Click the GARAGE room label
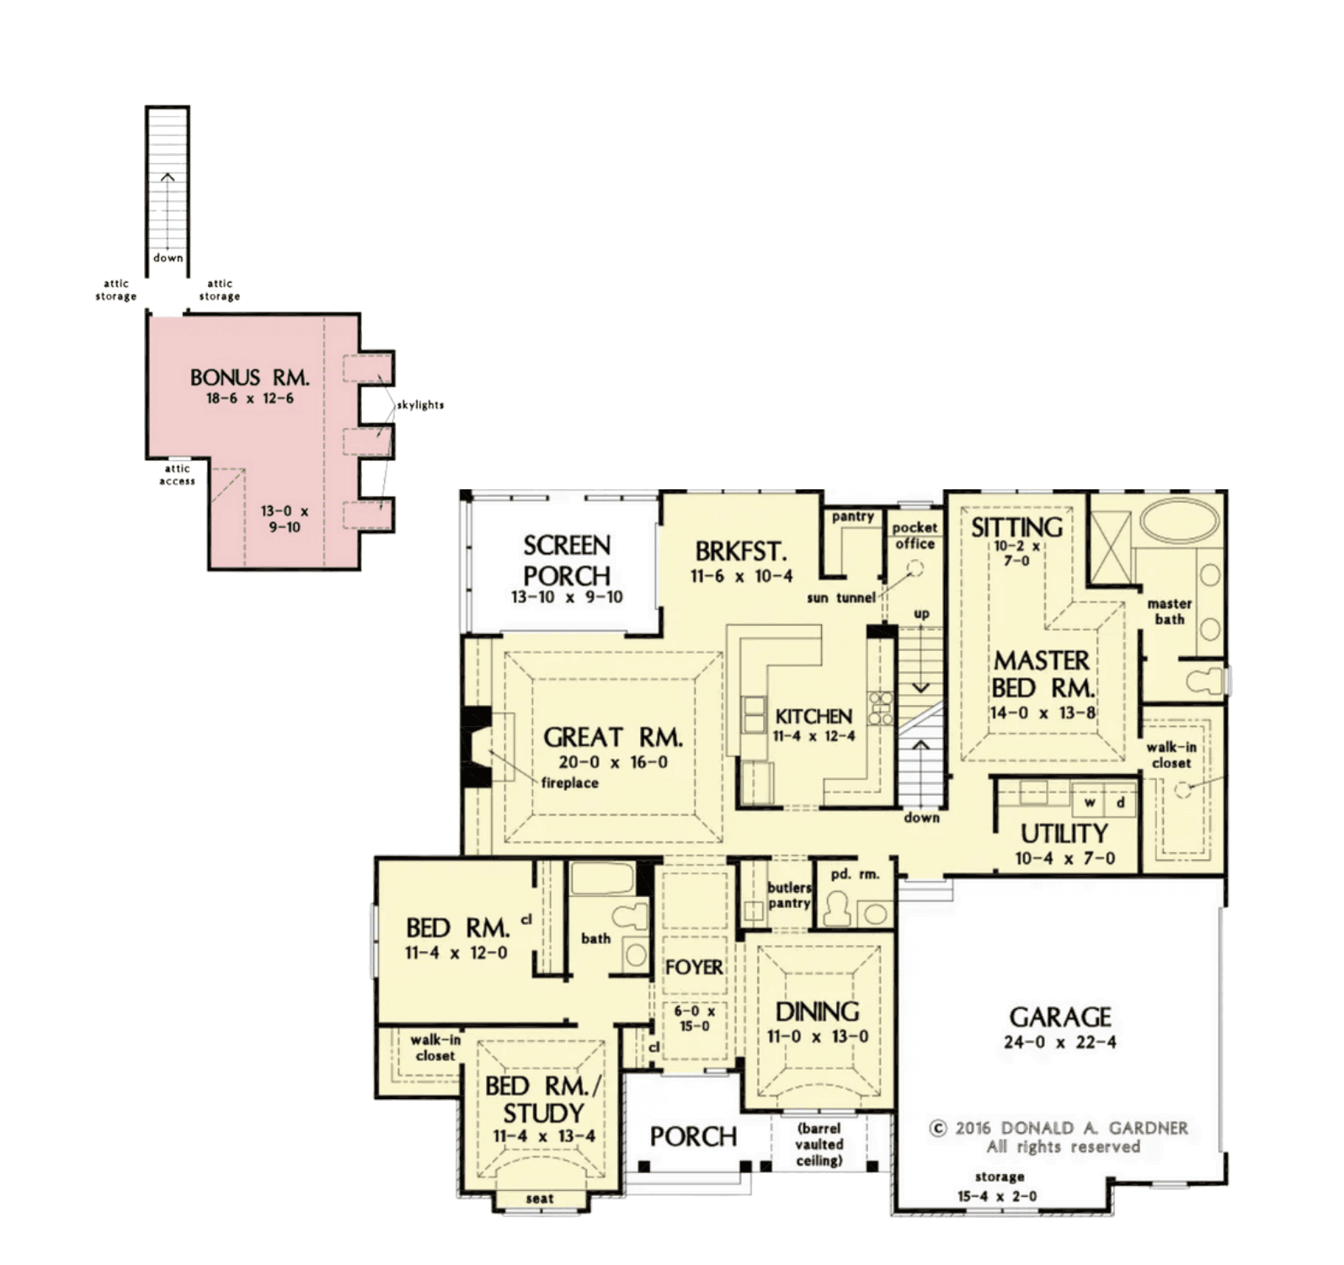click(x=1060, y=1017)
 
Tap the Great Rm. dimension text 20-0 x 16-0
click(x=613, y=762)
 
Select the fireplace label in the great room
click(x=569, y=782)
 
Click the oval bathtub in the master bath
click(x=1180, y=522)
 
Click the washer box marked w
click(x=1090, y=803)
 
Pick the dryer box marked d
click(x=1120, y=803)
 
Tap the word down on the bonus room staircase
click(x=168, y=258)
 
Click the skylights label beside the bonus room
click(x=420, y=405)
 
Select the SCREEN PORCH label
click(x=567, y=561)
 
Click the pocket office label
click(x=915, y=536)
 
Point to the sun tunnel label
click(x=841, y=598)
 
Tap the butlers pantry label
click(x=789, y=895)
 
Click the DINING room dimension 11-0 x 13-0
click(x=818, y=1037)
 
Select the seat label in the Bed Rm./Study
click(x=540, y=1198)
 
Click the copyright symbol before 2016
click(x=938, y=1129)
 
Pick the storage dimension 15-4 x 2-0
click(x=997, y=1196)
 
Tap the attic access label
click(x=177, y=475)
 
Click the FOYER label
click(x=694, y=968)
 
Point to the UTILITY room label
click(x=1064, y=834)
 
